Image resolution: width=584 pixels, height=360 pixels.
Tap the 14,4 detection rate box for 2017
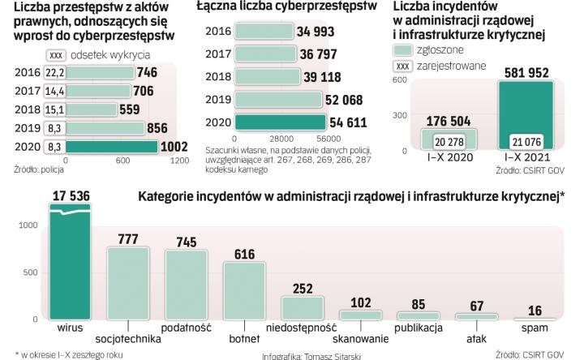coord(54,91)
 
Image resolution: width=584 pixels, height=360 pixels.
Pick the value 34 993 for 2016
coord(319,32)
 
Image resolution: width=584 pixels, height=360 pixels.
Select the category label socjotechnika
coord(128,339)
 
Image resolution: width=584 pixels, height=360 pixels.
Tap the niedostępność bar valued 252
coord(303,307)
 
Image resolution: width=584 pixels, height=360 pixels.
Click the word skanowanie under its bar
coord(359,339)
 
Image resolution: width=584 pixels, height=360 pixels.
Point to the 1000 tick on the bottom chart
coord(28,224)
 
